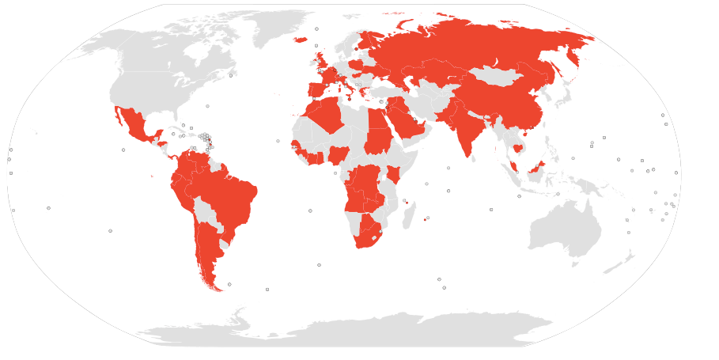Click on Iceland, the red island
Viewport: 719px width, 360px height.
point(300,40)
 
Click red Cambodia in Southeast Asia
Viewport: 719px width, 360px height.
point(518,148)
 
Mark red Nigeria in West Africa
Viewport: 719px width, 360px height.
point(339,153)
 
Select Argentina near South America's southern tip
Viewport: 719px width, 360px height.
point(206,249)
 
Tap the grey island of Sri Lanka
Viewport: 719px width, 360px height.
point(477,158)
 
